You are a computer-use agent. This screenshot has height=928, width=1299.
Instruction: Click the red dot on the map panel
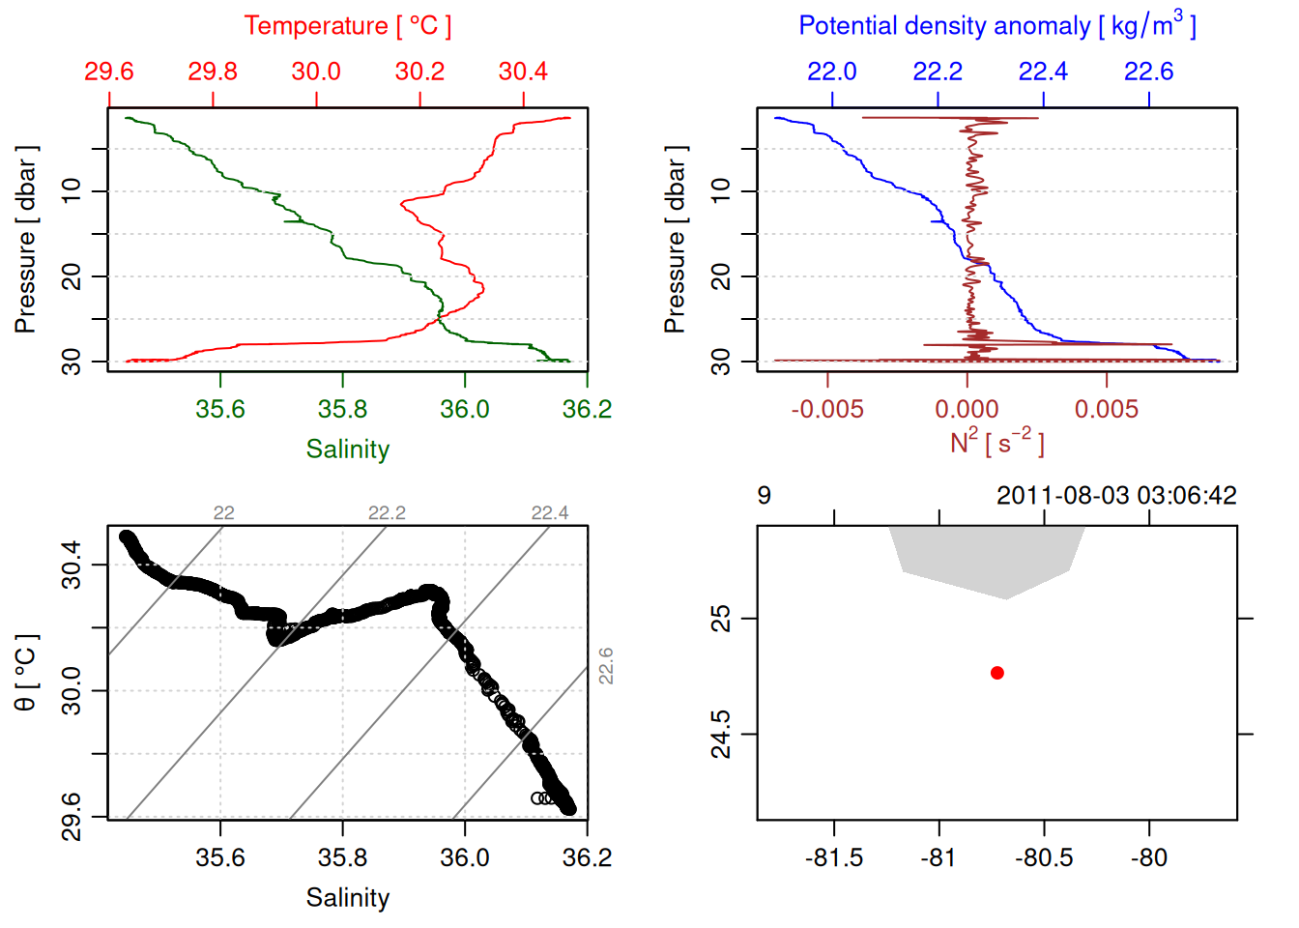pos(996,673)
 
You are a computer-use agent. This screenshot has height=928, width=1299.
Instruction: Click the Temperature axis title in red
pos(347,26)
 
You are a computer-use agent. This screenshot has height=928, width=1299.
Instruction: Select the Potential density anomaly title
pos(996,25)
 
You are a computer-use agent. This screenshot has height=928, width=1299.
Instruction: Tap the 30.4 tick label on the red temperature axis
pos(523,72)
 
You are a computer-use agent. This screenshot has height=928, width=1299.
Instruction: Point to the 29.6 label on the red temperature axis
pos(108,72)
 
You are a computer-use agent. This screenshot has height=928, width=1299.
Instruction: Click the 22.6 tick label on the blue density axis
pos(1148,72)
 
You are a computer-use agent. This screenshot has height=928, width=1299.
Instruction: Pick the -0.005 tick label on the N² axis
pos(827,409)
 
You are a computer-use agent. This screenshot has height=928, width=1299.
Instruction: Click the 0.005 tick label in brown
pos(1107,409)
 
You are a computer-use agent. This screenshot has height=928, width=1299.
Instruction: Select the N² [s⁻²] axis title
pos(996,442)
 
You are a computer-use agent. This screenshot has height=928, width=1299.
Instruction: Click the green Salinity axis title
pos(347,449)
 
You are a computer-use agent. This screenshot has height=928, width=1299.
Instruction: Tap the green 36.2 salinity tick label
pos(587,409)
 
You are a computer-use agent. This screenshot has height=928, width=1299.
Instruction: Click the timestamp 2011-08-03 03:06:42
pos(1116,496)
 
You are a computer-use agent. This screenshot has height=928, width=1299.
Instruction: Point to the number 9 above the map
pos(765,496)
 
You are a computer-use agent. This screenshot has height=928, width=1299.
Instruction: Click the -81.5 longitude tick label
pos(833,857)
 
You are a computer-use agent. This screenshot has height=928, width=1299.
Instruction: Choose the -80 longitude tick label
pos(1148,857)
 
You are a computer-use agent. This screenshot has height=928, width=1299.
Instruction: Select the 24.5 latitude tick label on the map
pos(721,735)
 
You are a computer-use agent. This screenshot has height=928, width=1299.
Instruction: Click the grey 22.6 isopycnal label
pos(606,666)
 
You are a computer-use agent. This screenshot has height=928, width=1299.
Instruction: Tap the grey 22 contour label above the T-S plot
pos(223,513)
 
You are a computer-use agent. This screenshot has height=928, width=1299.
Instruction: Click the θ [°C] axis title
pos(26,673)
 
